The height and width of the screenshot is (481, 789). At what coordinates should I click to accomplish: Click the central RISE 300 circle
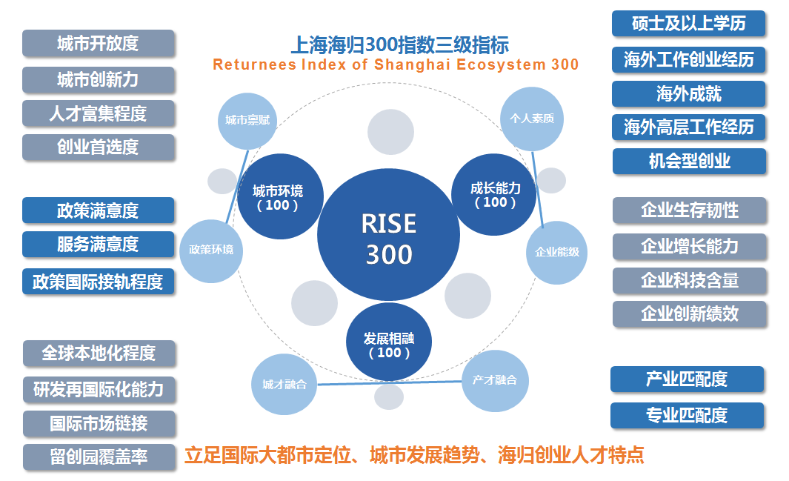pyautogui.click(x=389, y=238)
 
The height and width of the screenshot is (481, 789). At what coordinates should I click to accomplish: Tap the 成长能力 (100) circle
pyautogui.click(x=494, y=194)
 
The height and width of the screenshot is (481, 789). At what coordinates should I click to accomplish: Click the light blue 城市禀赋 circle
pyautogui.click(x=247, y=120)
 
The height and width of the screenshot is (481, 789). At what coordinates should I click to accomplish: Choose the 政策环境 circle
pyautogui.click(x=211, y=250)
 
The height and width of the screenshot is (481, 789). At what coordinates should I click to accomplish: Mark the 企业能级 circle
pyautogui.click(x=556, y=252)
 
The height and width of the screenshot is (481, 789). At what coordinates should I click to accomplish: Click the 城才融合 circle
pyautogui.click(x=284, y=384)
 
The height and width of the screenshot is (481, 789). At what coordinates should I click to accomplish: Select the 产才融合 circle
pyautogui.click(x=495, y=380)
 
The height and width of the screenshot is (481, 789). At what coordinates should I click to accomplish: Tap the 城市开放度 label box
pyautogui.click(x=98, y=44)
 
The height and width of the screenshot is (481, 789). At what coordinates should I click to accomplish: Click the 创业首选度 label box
pyautogui.click(x=98, y=147)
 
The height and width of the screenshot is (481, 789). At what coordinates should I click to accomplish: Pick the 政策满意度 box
pyautogui.click(x=98, y=210)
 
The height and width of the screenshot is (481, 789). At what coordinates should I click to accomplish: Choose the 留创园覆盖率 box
pyautogui.click(x=99, y=457)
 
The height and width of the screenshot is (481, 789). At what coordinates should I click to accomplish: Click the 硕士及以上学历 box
pyautogui.click(x=688, y=24)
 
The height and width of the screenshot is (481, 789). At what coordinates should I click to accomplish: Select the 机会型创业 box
pyautogui.click(x=689, y=161)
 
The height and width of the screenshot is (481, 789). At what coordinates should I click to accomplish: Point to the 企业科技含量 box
pyautogui.click(x=689, y=280)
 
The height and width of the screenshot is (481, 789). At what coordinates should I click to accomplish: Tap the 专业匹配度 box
pyautogui.click(x=687, y=415)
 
